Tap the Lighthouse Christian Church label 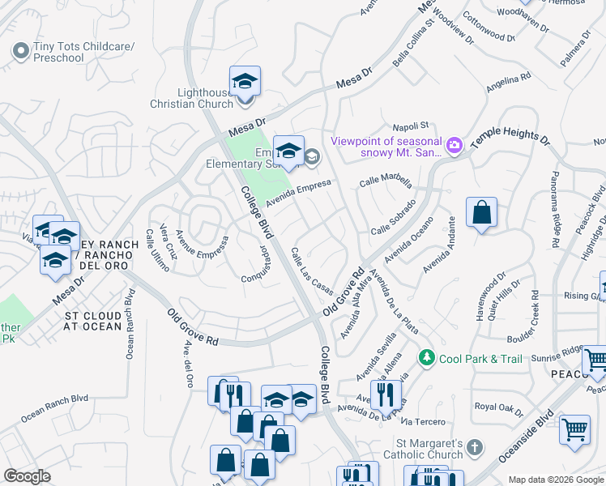click(192, 98)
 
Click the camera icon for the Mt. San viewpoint click(454, 146)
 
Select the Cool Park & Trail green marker click(425, 357)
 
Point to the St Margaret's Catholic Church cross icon click(476, 448)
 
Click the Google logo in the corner click(27, 476)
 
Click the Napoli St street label click(410, 126)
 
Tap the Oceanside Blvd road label click(526, 437)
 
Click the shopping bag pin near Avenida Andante click(481, 213)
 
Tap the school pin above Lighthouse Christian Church click(245, 81)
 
